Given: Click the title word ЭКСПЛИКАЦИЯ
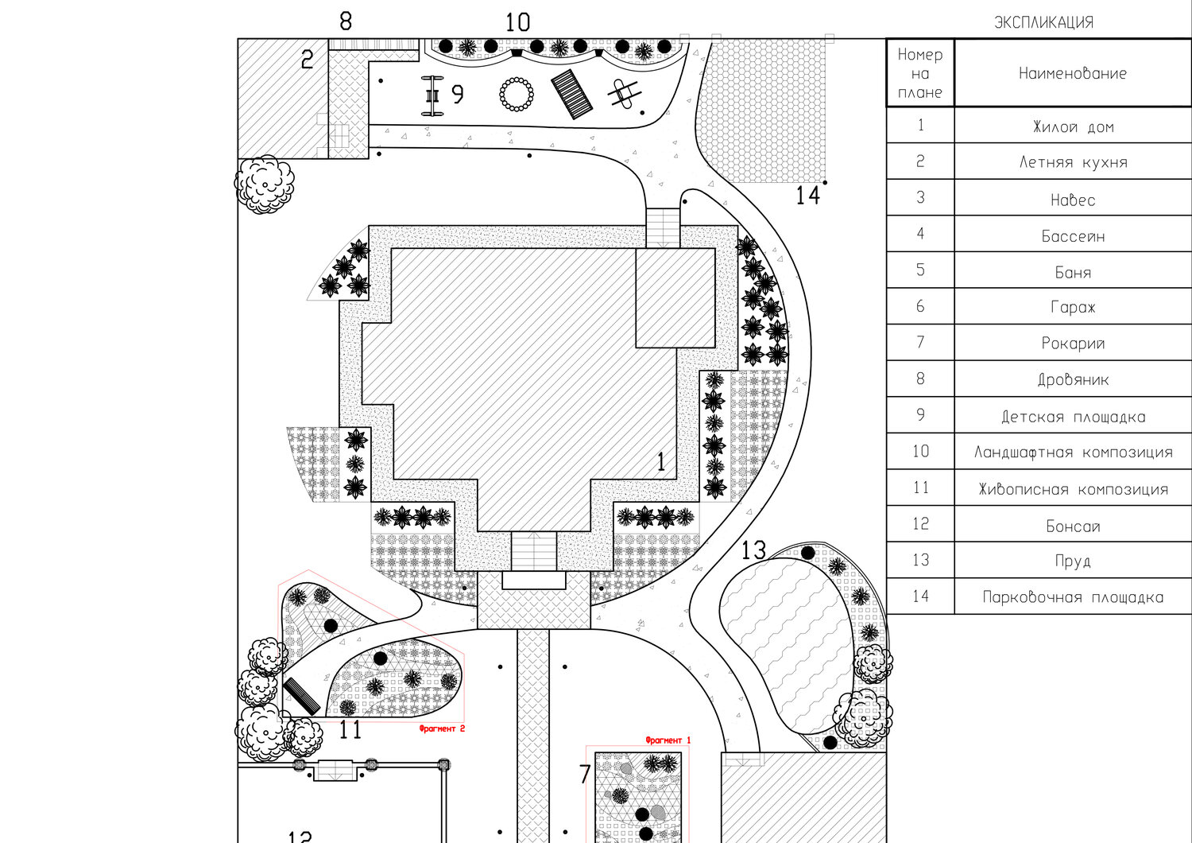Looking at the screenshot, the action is (1043, 22).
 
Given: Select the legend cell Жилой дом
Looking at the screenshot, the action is (1073, 126).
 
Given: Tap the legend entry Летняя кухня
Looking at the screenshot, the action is (1073, 162).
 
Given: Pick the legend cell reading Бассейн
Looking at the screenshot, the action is (1073, 236).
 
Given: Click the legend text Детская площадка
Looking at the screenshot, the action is (1073, 417).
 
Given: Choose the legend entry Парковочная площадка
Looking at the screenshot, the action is (1073, 597).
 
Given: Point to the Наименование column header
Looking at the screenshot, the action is (1073, 73).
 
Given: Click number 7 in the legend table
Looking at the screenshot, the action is (920, 343).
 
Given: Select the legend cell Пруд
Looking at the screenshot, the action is (1073, 561).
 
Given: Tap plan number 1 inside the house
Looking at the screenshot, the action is (661, 462).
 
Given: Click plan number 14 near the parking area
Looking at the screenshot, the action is (807, 196).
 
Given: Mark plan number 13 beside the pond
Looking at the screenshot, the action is (753, 550).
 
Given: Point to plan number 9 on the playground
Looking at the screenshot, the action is (457, 95).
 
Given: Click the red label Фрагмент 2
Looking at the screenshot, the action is (441, 728).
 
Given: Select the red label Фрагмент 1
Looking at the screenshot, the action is (668, 740).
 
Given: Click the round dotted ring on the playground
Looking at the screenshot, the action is (517, 95).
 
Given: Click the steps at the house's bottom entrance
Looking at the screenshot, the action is (532, 551).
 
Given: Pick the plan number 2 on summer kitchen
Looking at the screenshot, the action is (308, 60).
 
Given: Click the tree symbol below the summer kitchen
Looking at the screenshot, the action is (265, 185).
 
